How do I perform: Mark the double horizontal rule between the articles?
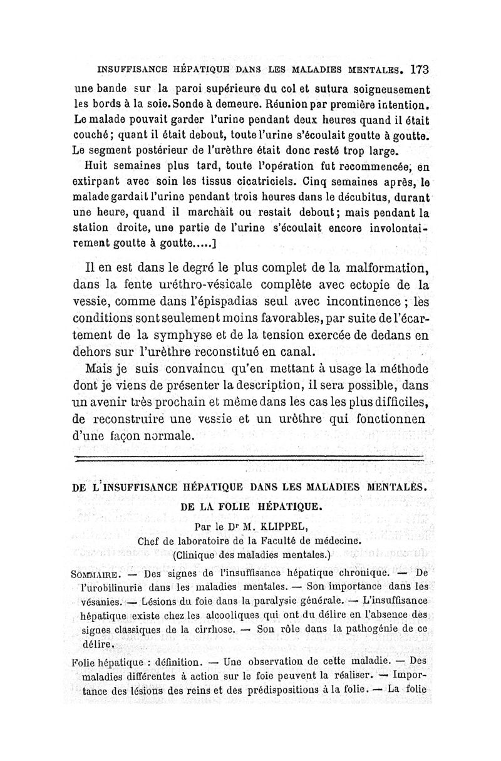tap(249, 460)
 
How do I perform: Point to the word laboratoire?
tap(203, 541)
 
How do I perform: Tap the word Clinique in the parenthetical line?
tap(199, 554)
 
